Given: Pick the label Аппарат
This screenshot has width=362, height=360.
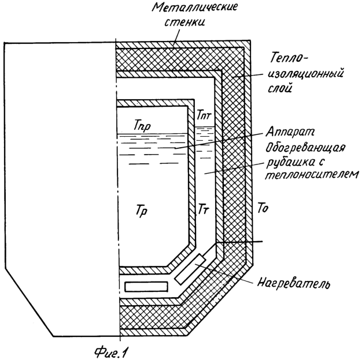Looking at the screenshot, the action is tap(290, 132).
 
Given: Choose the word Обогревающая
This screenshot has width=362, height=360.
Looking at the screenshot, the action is tap(305, 148).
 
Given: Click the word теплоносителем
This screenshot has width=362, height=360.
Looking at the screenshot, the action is tap(312, 175).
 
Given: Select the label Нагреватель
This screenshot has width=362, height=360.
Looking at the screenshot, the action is tap(294, 283).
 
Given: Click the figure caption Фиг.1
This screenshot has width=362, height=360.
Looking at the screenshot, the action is tap(111, 352).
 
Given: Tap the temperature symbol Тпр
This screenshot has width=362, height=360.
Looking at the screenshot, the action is tap(142, 126).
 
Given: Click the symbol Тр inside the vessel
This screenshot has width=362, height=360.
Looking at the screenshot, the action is tap(142, 211).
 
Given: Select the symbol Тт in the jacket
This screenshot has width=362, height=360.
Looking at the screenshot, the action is tap(204, 209).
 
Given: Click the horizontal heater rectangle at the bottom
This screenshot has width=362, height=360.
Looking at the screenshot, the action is tap(146, 287).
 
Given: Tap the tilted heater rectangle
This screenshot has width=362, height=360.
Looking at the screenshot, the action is tap(190, 269).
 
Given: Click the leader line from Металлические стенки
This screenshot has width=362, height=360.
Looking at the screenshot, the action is tap(176, 36).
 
